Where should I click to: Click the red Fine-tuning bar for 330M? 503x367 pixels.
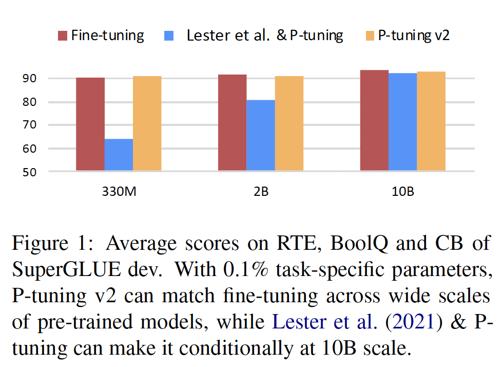[x=90, y=124]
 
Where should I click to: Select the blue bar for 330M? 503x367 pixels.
[x=119, y=154]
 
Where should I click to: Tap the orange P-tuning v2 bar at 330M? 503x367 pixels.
[x=147, y=123]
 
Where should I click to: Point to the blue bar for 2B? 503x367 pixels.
[x=260, y=135]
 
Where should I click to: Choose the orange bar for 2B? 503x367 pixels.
[x=289, y=123]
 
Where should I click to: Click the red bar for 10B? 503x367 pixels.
[x=374, y=120]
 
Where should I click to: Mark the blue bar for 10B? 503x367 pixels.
[x=402, y=121]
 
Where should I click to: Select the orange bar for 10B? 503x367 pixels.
[x=431, y=121]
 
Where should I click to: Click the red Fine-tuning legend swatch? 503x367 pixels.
[x=63, y=35]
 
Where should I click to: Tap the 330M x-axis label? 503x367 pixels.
[x=119, y=193]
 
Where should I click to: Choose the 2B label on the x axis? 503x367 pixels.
[x=260, y=193]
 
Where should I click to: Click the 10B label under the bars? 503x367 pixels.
[x=402, y=193]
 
